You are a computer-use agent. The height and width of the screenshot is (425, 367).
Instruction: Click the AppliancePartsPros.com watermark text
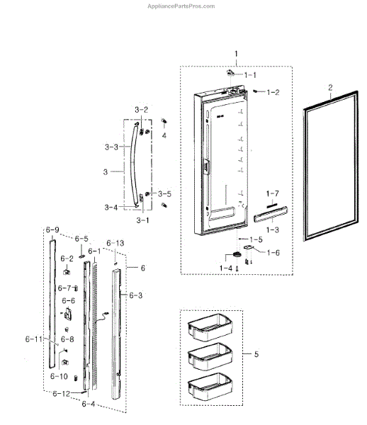tap(181, 6)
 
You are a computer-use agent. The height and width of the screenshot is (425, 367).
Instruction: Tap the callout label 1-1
tap(250, 75)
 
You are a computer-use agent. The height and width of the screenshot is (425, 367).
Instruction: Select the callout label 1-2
tap(273, 92)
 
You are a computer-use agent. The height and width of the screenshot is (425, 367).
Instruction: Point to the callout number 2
tap(330, 88)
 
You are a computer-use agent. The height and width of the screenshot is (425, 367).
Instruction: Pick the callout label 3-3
tap(111, 147)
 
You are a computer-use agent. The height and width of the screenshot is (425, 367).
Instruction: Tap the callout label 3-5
tap(165, 194)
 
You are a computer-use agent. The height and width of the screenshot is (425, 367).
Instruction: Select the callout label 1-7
tap(272, 193)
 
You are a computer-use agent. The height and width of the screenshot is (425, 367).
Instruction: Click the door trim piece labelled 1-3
tap(271, 214)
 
